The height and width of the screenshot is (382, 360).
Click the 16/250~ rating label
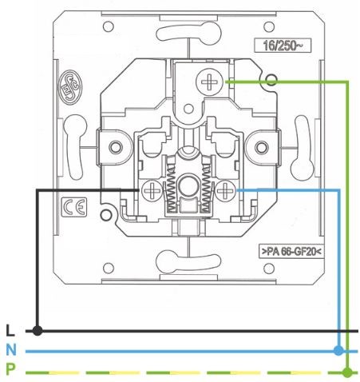click(x=283, y=46)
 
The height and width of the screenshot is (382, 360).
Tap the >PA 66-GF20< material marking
click(x=291, y=251)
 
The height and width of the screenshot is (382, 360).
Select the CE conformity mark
click(x=74, y=207)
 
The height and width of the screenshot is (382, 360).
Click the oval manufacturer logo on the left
click(x=70, y=86)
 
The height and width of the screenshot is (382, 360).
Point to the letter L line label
click(x=10, y=331)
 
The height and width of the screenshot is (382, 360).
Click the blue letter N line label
click(x=11, y=350)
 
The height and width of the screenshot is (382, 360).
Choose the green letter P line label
click(x=10, y=370)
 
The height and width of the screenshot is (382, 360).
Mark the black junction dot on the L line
click(x=38, y=331)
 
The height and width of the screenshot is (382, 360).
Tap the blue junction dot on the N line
click(x=338, y=350)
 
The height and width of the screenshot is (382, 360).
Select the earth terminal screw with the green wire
click(x=209, y=81)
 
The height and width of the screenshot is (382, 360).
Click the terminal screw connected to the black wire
click(x=152, y=190)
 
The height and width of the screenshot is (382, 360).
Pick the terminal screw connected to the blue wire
click(x=226, y=190)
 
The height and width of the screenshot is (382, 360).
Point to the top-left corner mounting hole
click(x=109, y=26)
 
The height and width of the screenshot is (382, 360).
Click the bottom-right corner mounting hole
click(x=269, y=269)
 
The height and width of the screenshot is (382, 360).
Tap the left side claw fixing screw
click(x=116, y=147)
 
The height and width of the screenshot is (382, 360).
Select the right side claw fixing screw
click(x=261, y=147)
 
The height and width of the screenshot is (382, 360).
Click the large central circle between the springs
click(x=188, y=186)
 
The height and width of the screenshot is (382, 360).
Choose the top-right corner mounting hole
click(x=269, y=26)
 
